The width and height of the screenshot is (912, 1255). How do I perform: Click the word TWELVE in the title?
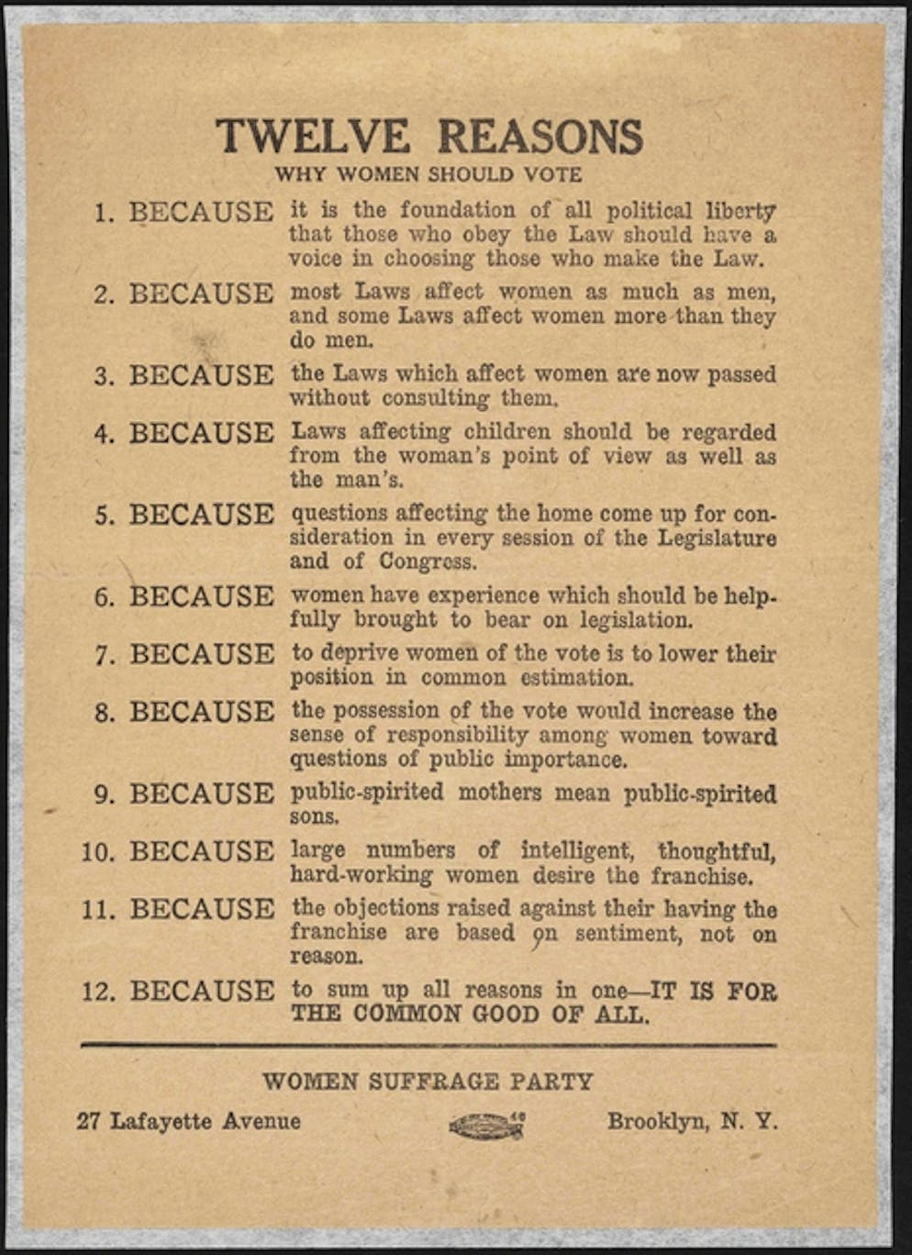click(x=313, y=137)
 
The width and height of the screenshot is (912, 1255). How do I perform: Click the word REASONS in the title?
click(x=539, y=137)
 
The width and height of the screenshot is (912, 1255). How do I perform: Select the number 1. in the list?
click(x=105, y=214)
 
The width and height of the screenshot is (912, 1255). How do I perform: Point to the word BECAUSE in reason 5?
click(x=201, y=515)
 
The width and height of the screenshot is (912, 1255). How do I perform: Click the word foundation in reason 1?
click(x=457, y=210)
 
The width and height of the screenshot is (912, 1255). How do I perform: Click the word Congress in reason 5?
click(x=428, y=561)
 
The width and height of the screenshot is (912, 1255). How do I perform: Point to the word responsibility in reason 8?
click(x=457, y=735)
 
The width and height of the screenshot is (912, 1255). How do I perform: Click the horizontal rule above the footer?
click(x=428, y=1045)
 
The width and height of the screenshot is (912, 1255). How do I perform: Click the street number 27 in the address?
click(x=88, y=1121)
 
